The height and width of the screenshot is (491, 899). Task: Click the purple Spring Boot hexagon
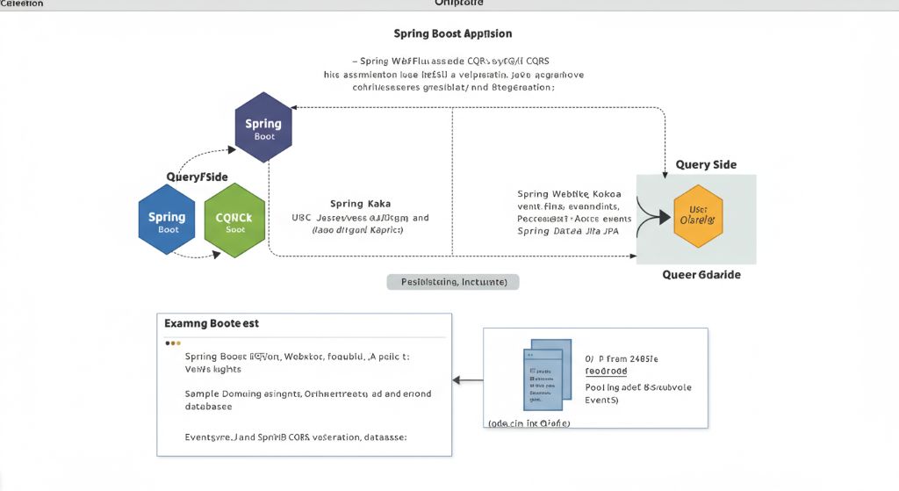263,128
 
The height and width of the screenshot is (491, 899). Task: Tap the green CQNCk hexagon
234,221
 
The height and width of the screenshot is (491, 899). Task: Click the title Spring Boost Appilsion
453,33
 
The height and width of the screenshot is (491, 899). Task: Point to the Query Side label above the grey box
706,164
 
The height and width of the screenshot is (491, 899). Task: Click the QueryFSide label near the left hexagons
197,177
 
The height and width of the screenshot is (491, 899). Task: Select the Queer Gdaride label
701,275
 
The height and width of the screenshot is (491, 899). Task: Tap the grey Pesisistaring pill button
453,282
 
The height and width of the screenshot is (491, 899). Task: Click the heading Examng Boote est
212,323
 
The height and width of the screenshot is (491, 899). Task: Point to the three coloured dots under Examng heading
173,343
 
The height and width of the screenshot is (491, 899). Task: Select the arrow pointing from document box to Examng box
467,380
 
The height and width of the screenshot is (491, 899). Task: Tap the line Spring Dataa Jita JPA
567,231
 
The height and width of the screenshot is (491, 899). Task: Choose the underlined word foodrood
607,372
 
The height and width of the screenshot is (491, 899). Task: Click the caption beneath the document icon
529,422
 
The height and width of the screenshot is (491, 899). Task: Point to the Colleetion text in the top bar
23,4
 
